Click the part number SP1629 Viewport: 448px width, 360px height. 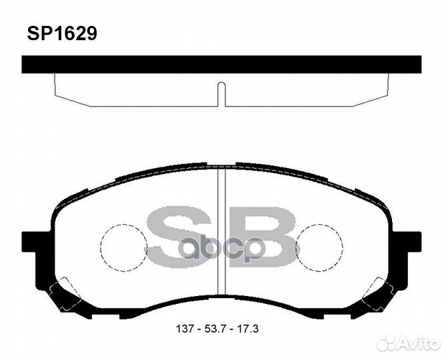click(x=61, y=33)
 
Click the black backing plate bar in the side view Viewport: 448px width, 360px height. click(x=221, y=65)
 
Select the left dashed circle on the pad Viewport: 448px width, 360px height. click(x=123, y=247)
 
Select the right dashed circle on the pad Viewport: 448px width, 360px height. click(x=319, y=247)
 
